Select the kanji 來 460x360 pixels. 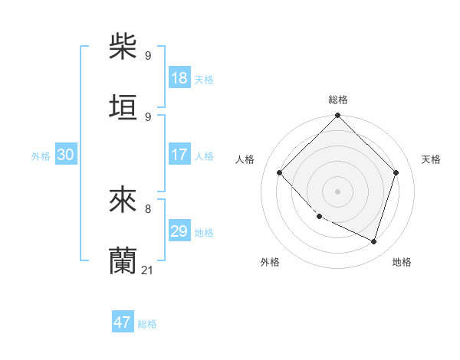(x=123, y=200)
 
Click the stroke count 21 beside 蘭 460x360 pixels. (x=148, y=270)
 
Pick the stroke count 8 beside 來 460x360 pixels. (x=147, y=208)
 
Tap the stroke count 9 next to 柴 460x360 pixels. (x=147, y=55)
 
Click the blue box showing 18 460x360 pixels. (x=179, y=78)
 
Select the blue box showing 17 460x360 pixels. (x=179, y=155)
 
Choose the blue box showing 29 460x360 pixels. (x=179, y=231)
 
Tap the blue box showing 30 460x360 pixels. (x=66, y=155)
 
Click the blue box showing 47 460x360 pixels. (x=123, y=322)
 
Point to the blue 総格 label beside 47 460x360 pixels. (x=147, y=324)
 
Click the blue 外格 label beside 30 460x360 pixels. (x=41, y=155)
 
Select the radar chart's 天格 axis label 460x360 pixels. (x=431, y=159)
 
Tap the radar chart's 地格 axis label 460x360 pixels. (x=402, y=262)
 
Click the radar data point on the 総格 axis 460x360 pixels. (x=337, y=116)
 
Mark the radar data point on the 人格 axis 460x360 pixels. (x=280, y=173)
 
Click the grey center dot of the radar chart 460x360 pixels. (x=337, y=191)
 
